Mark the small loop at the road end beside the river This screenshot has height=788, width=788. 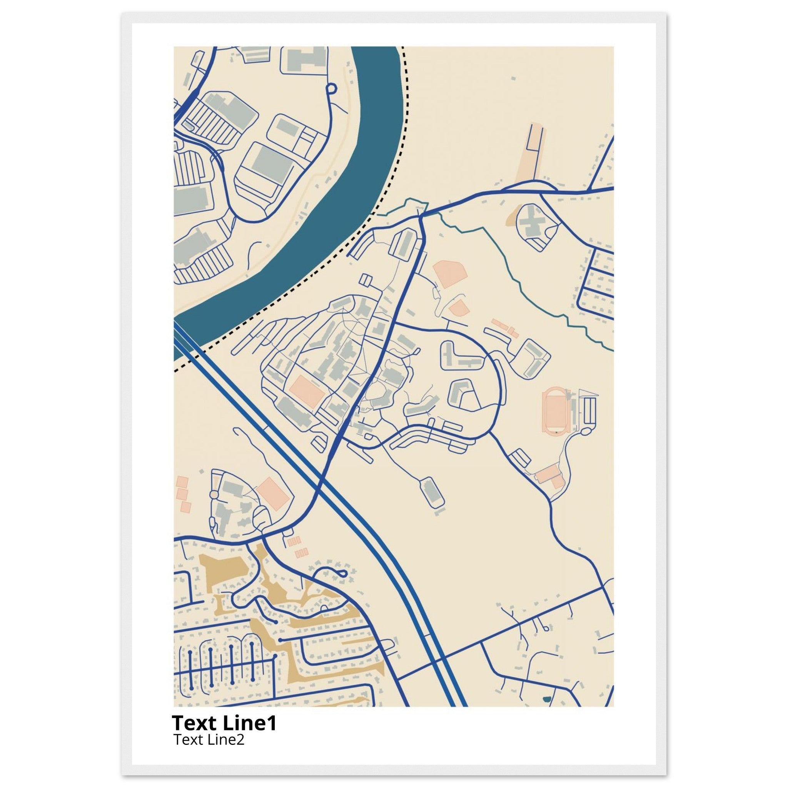[x=331, y=87]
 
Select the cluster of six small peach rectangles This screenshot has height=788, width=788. [x=297, y=547]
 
